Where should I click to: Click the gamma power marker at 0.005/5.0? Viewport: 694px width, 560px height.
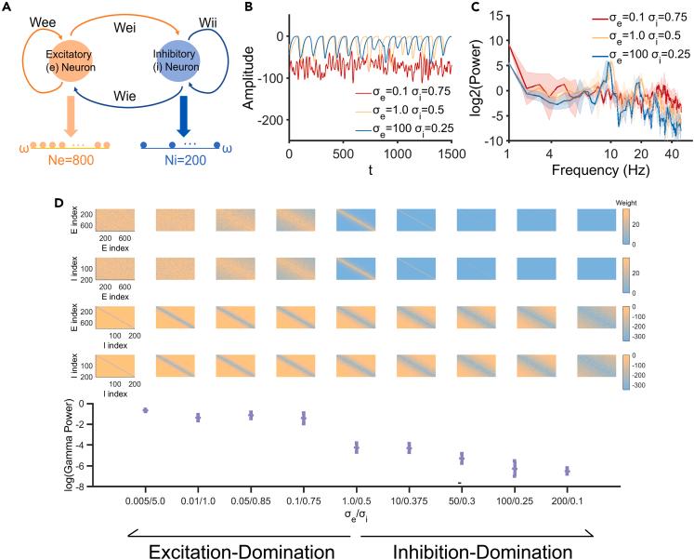tap(145, 410)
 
